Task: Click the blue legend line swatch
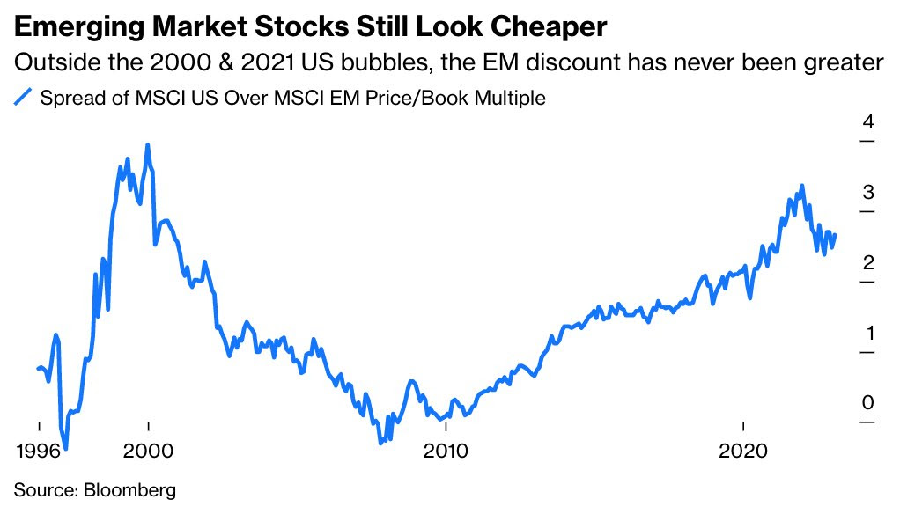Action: pos(25,97)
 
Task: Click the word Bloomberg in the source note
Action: pos(131,489)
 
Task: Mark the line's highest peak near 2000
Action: pos(147,145)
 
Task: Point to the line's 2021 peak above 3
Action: pos(801,186)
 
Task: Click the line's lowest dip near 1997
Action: pos(66,448)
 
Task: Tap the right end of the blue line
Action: pos(835,234)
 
